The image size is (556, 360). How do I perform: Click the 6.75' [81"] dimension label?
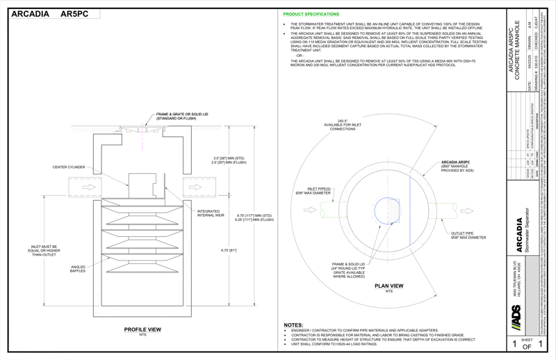click(x=229, y=250)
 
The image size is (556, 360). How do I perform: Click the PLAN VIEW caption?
click(x=389, y=286)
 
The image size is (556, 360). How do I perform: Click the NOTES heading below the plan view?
click(x=293, y=325)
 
